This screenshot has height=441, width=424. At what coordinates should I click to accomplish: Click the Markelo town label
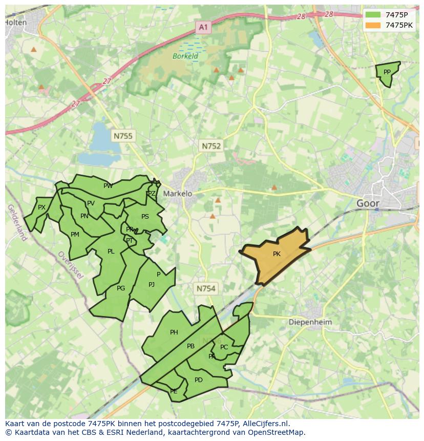177,194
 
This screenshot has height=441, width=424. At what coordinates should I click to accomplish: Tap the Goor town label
368,203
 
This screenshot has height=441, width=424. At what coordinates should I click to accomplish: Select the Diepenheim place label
310,322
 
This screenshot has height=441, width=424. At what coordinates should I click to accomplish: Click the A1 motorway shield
203,27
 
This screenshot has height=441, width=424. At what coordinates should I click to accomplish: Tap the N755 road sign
123,136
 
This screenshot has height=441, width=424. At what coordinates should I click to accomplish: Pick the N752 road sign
211,146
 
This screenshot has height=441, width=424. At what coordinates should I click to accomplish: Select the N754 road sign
206,289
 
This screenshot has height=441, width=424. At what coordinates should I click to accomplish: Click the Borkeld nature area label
185,56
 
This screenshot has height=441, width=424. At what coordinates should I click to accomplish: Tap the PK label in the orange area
277,254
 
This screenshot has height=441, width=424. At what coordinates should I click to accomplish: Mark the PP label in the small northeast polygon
387,72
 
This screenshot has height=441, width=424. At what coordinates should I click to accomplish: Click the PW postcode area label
108,186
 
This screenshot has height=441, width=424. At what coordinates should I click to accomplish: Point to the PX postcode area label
42,207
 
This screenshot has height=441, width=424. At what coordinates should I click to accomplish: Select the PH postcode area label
174,332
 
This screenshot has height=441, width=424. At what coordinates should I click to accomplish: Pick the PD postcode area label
199,380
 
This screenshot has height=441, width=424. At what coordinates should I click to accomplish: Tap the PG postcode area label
121,288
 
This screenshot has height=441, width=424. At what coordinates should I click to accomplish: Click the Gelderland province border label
16,223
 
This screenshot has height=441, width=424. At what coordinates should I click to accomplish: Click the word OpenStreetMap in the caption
276,432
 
